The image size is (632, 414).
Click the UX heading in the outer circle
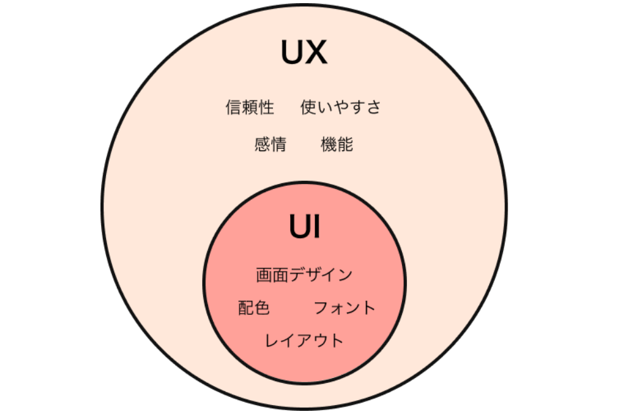(304, 52)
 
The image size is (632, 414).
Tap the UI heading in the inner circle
(305, 226)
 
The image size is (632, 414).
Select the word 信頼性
(250, 107)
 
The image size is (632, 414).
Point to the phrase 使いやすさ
(341, 107)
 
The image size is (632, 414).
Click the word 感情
(270, 144)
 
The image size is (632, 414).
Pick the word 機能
(337, 144)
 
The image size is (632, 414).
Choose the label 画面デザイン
(305, 275)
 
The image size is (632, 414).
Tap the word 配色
(254, 308)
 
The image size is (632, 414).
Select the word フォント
(344, 308)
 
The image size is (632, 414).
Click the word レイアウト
(304, 341)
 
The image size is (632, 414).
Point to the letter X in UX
(315, 52)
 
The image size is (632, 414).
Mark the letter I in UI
(316, 226)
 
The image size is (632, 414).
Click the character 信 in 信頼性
(233, 107)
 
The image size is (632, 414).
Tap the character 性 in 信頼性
(267, 107)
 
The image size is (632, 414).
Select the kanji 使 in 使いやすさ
(308, 107)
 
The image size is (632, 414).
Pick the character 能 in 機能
(346, 144)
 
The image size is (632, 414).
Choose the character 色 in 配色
(262, 308)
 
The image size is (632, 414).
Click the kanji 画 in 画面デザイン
(264, 275)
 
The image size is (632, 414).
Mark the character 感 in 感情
(262, 144)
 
